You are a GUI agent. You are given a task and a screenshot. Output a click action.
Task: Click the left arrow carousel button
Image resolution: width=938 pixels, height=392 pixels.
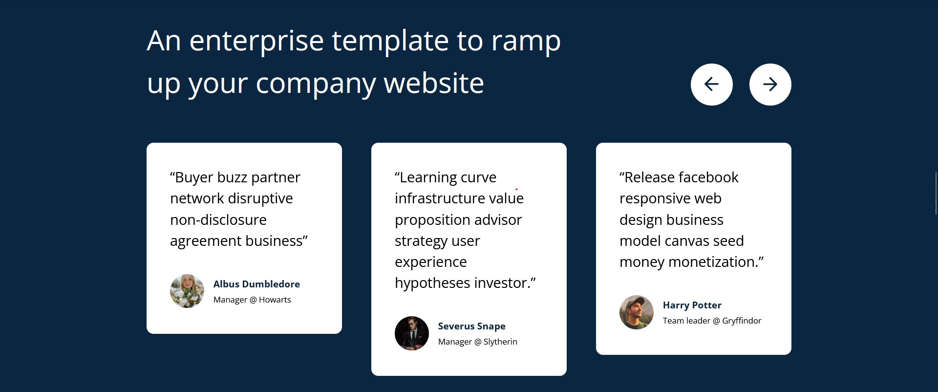(711, 85)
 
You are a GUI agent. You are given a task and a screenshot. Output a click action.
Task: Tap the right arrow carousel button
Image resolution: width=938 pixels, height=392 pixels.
(770, 85)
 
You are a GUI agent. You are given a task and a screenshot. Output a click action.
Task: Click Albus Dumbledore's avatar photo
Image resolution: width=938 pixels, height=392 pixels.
(187, 291)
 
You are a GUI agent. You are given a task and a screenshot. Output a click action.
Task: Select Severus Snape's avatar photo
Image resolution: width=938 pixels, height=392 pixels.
(412, 333)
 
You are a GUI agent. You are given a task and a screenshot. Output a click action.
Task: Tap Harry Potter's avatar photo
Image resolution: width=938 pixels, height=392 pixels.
(637, 312)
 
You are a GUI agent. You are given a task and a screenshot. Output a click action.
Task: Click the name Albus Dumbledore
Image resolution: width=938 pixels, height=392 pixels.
(256, 284)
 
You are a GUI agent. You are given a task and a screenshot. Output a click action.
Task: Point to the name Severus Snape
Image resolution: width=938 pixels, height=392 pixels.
(471, 326)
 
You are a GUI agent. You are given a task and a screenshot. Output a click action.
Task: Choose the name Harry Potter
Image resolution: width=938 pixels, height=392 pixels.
(692, 305)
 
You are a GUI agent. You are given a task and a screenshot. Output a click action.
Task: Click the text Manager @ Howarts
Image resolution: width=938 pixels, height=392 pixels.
(252, 300)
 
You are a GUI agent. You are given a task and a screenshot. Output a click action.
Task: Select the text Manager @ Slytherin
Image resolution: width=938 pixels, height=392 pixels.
(477, 342)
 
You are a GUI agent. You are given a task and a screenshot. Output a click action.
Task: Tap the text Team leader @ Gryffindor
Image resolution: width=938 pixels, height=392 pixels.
(712, 321)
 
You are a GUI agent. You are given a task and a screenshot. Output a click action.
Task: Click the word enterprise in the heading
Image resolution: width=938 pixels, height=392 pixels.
(256, 41)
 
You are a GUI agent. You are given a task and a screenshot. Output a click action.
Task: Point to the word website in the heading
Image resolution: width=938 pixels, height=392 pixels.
(434, 83)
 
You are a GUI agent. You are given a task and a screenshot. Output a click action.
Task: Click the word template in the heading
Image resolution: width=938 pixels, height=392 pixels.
(390, 41)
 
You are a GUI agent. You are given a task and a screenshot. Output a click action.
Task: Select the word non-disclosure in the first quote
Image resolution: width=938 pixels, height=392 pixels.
(218, 219)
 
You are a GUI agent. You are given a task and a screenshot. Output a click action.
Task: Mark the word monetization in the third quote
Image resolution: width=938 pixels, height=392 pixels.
(712, 262)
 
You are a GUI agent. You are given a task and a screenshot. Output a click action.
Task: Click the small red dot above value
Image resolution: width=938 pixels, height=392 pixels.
(516, 189)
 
